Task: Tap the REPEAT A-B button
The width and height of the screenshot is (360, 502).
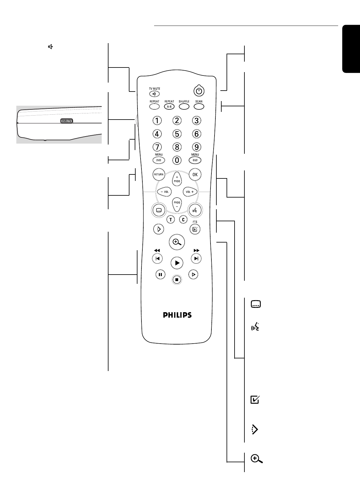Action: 169,106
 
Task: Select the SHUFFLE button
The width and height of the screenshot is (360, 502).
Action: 184,106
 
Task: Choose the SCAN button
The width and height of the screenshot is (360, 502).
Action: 199,106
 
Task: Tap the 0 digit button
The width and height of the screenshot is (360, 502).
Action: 177,160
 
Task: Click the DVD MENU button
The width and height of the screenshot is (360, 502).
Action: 159,160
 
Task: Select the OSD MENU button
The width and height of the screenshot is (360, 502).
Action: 195,160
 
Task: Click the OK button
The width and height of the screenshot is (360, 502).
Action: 195,174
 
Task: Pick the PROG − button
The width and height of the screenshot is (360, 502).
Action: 177,204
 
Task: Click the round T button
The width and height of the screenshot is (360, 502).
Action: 170,219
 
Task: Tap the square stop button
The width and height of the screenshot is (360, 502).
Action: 177,280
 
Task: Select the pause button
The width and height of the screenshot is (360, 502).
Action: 160,274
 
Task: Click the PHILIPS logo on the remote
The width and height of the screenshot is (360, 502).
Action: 177,315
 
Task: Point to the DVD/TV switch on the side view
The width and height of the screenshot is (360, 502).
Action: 66,121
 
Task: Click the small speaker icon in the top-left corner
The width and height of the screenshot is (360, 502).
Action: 50,47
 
